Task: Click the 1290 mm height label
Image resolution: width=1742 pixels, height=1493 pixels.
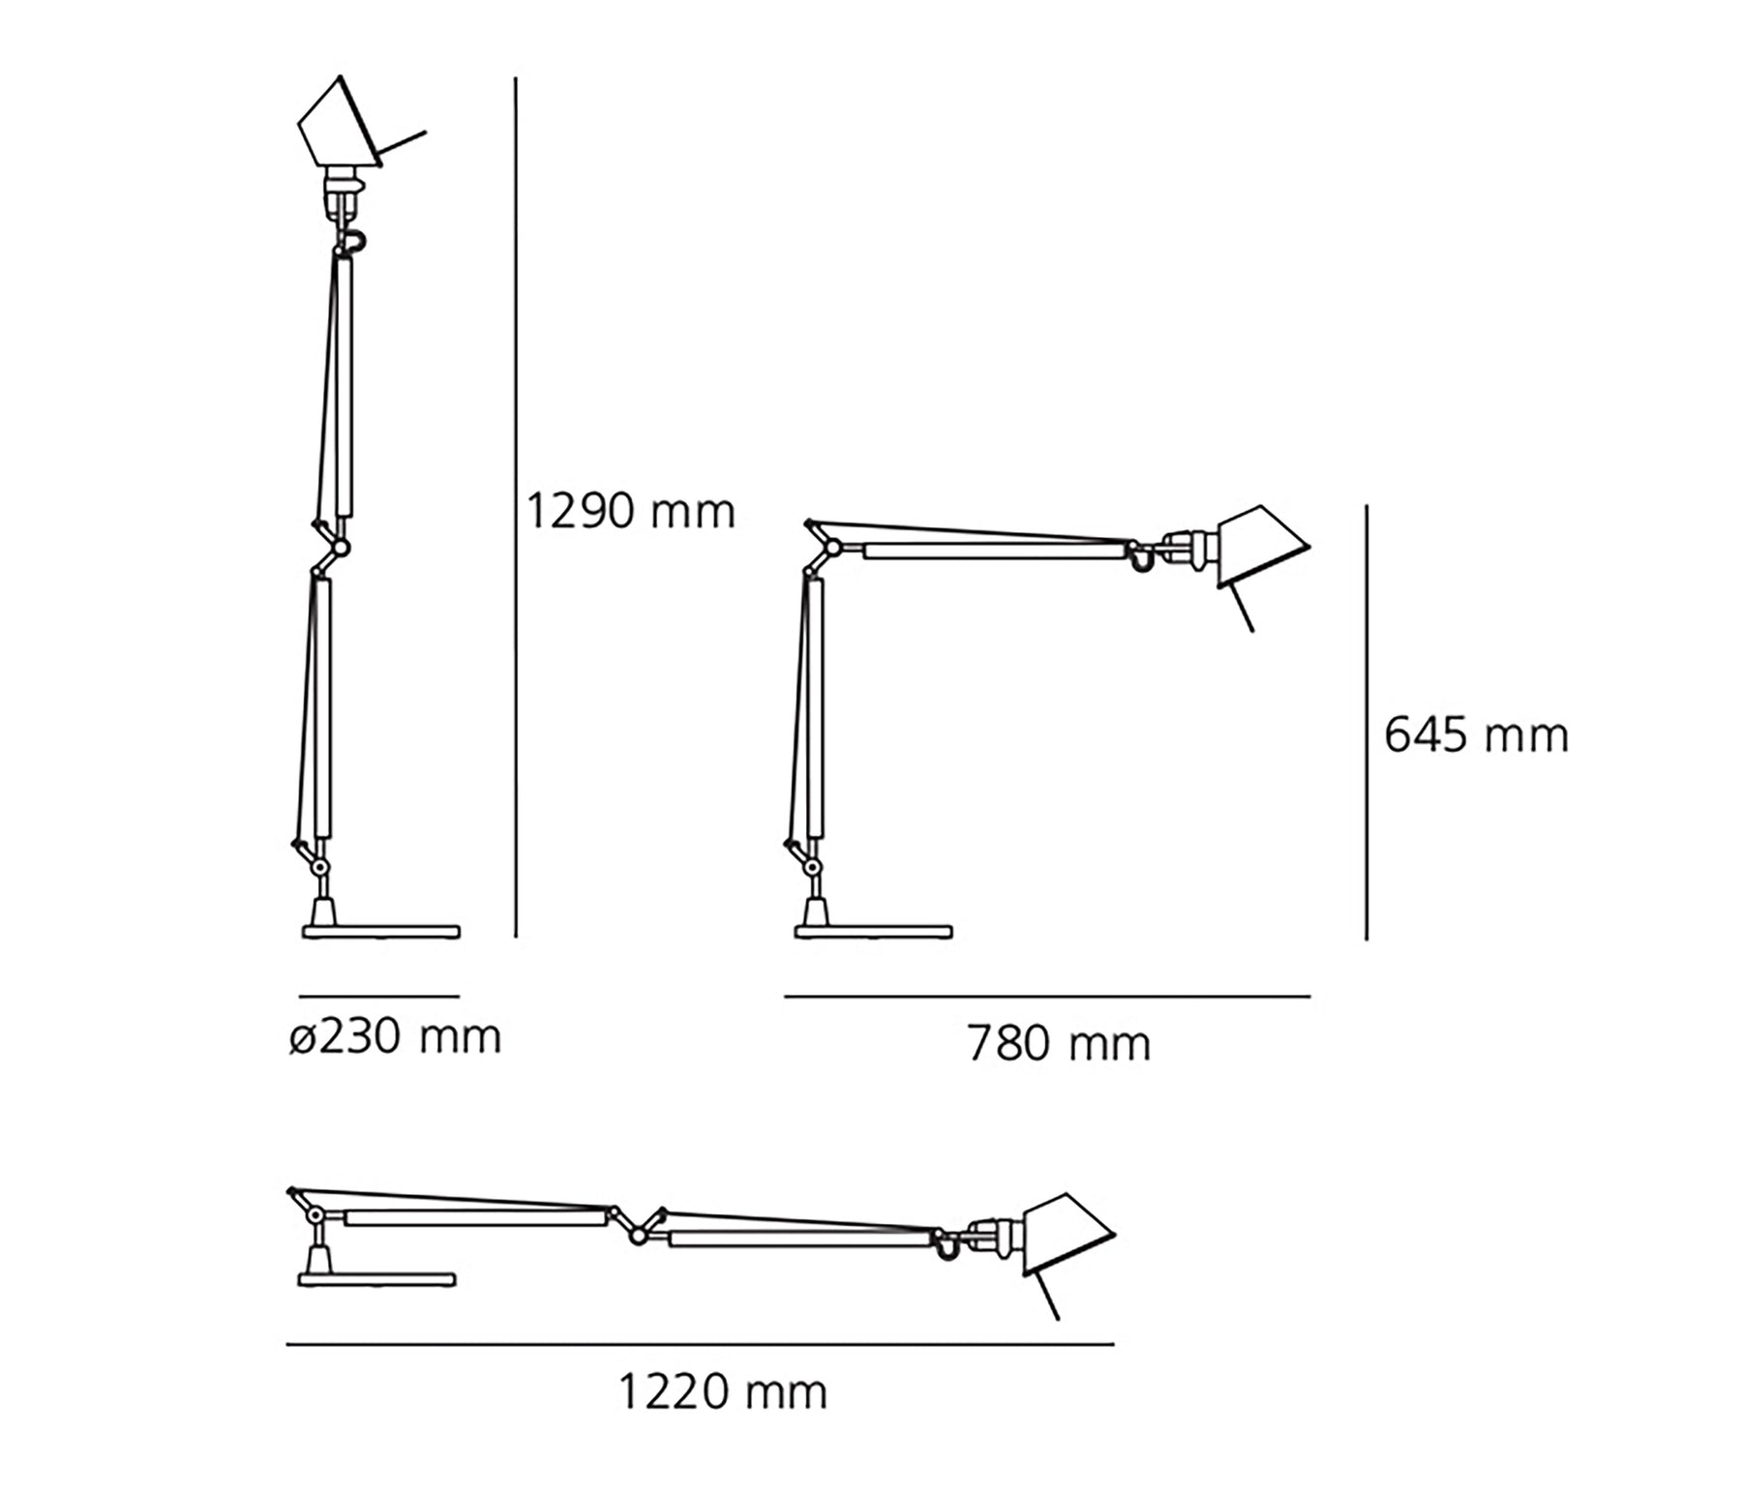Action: point(629,510)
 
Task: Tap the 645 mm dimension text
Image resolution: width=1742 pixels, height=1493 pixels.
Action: point(1477,735)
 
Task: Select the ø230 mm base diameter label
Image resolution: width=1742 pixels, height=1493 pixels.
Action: point(396,1037)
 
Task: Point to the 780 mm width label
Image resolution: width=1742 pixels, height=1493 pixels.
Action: point(1060,1044)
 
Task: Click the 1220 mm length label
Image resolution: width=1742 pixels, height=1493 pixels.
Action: point(723,1392)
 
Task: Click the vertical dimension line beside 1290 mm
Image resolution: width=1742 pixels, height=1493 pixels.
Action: point(516,508)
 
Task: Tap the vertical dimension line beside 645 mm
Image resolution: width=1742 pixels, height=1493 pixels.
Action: point(1367,722)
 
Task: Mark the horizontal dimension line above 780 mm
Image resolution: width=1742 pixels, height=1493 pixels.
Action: point(1047,996)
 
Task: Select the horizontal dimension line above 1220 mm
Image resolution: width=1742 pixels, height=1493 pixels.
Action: point(700,1344)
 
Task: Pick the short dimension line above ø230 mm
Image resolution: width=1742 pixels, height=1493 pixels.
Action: point(379,996)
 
